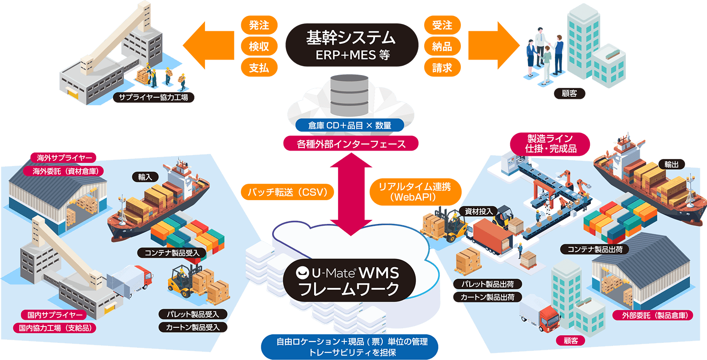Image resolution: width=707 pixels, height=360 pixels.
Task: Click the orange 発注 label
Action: click(259, 25)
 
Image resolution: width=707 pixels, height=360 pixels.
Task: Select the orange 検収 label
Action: click(259, 46)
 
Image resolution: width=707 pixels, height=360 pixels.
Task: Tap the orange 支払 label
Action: click(259, 68)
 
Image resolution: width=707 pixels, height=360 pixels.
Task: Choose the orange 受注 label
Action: click(442, 25)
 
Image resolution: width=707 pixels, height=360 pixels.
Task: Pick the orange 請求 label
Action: click(442, 68)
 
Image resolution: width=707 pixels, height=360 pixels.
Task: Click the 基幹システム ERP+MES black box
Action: click(352, 45)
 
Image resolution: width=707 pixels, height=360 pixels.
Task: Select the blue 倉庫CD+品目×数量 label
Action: click(350, 125)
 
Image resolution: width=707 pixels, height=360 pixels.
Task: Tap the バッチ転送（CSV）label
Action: click(287, 192)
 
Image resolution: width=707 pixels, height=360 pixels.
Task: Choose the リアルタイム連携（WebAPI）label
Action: click(415, 192)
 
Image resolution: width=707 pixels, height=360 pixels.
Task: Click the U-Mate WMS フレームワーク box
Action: click(349, 280)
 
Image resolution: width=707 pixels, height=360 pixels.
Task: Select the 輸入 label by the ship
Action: click(145, 177)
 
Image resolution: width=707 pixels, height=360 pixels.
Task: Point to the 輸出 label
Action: click(671, 164)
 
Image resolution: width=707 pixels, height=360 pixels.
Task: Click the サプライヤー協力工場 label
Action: click(153, 97)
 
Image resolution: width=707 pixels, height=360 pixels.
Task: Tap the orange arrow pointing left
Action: click(208, 45)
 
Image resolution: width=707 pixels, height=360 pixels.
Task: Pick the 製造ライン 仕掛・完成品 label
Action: click(550, 144)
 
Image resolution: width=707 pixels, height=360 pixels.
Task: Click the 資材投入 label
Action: click(479, 212)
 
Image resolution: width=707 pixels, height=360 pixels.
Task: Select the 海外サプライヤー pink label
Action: click(65, 158)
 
